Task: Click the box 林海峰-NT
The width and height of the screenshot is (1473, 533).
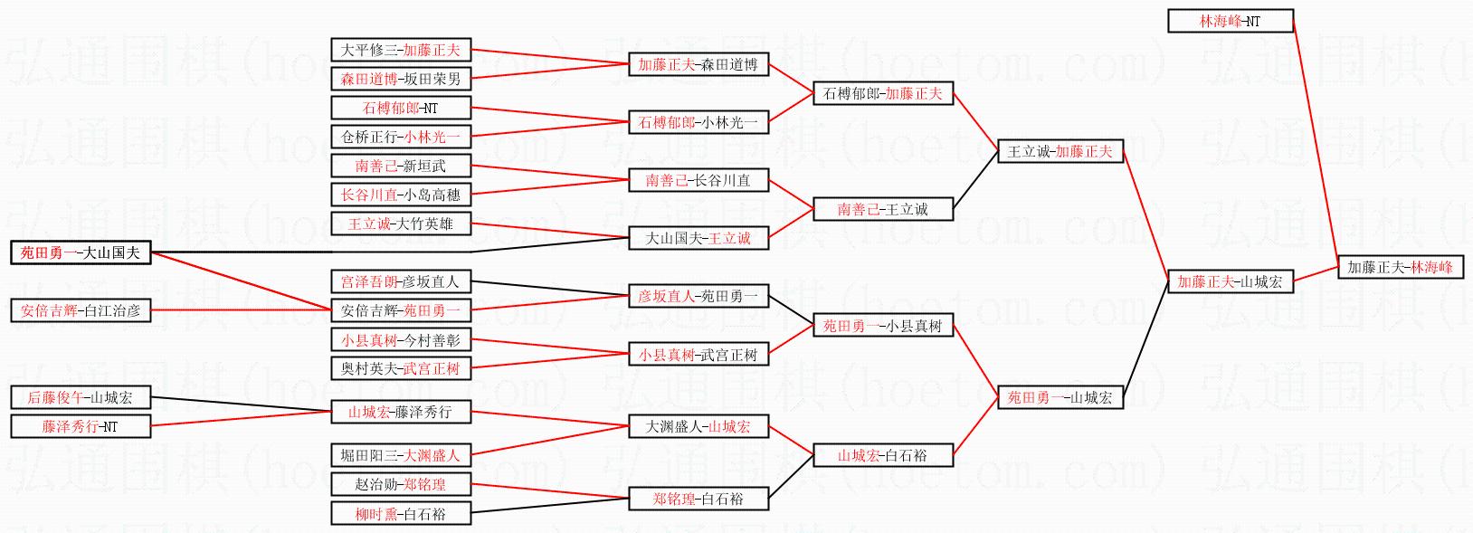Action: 1230,21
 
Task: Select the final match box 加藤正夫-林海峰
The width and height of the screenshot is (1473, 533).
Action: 1400,267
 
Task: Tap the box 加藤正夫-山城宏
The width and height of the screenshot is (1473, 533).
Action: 1230,281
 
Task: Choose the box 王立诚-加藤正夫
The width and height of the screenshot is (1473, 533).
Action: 1060,151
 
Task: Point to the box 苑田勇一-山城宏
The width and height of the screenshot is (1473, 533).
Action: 1060,397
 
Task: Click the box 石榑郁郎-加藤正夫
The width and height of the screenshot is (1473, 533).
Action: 882,93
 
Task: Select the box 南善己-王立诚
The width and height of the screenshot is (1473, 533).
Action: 882,209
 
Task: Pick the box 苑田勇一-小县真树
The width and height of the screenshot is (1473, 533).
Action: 882,326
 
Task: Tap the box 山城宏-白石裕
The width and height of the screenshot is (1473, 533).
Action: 882,455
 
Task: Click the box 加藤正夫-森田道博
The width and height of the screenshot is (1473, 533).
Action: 698,64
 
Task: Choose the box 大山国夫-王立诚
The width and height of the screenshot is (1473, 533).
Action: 698,238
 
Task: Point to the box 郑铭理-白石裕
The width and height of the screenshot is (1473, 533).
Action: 698,499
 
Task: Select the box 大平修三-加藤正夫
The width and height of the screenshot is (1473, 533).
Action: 400,50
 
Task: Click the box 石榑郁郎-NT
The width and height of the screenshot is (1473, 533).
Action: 400,108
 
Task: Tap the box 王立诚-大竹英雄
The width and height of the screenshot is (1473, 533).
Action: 400,224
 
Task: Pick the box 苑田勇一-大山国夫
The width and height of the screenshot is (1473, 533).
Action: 81,252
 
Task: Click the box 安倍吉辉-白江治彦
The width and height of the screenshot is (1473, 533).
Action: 81,310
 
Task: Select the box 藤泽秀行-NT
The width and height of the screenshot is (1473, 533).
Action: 81,426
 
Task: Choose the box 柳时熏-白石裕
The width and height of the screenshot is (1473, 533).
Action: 400,514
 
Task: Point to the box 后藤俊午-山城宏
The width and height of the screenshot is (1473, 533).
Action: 81,397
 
